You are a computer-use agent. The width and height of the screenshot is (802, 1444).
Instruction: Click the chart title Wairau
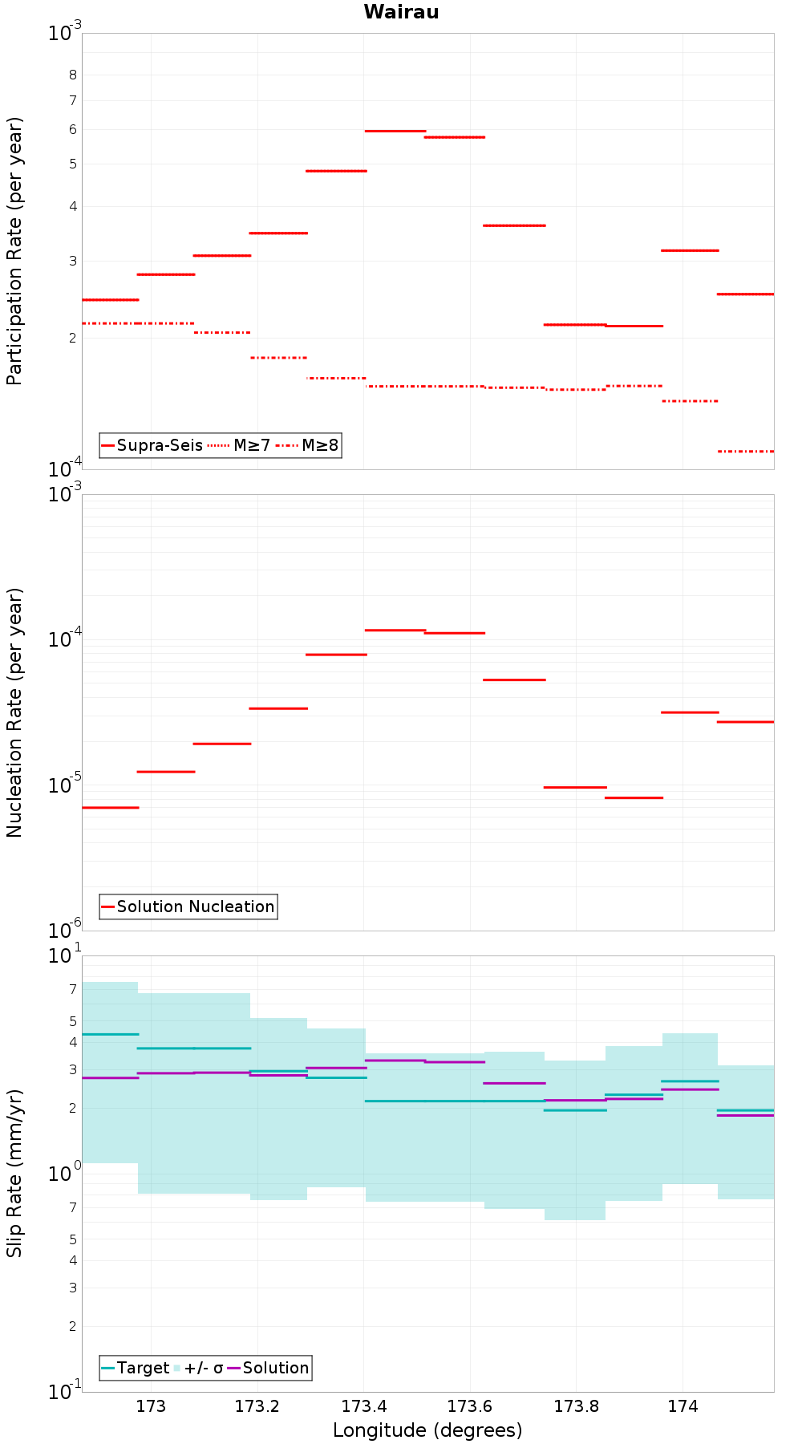point(401,12)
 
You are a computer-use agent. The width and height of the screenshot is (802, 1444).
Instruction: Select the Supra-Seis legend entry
point(152,445)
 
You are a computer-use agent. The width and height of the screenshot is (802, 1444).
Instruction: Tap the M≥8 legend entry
point(307,445)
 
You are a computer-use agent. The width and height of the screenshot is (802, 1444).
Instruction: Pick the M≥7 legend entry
point(239,445)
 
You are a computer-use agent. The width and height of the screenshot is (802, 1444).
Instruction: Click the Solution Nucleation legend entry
point(188,907)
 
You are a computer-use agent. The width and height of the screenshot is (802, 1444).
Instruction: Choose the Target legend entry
point(136,1368)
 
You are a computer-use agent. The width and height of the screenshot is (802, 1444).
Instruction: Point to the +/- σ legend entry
point(198,1368)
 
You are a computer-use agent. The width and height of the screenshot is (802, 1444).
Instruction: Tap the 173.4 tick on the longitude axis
point(363,1406)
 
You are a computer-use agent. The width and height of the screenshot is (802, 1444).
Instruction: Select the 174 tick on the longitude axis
point(683,1406)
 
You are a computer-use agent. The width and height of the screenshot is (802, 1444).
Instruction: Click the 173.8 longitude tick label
point(576,1406)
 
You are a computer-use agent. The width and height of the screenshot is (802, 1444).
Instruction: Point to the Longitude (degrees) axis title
point(427,1430)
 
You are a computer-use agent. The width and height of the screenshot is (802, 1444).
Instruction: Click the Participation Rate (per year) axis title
point(14,251)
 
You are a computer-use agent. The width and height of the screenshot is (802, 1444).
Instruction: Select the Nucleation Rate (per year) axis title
point(14,713)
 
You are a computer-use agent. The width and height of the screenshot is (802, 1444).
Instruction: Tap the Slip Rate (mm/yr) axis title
point(14,1174)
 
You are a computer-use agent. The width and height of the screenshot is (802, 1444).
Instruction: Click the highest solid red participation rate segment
point(395,131)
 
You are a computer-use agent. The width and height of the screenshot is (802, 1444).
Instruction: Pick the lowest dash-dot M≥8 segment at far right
point(746,452)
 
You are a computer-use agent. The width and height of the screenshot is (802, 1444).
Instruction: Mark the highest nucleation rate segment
point(395,631)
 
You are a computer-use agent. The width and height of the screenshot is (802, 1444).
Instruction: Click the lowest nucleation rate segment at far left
point(111,808)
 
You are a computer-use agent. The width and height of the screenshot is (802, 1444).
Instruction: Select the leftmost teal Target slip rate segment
point(111,1035)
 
